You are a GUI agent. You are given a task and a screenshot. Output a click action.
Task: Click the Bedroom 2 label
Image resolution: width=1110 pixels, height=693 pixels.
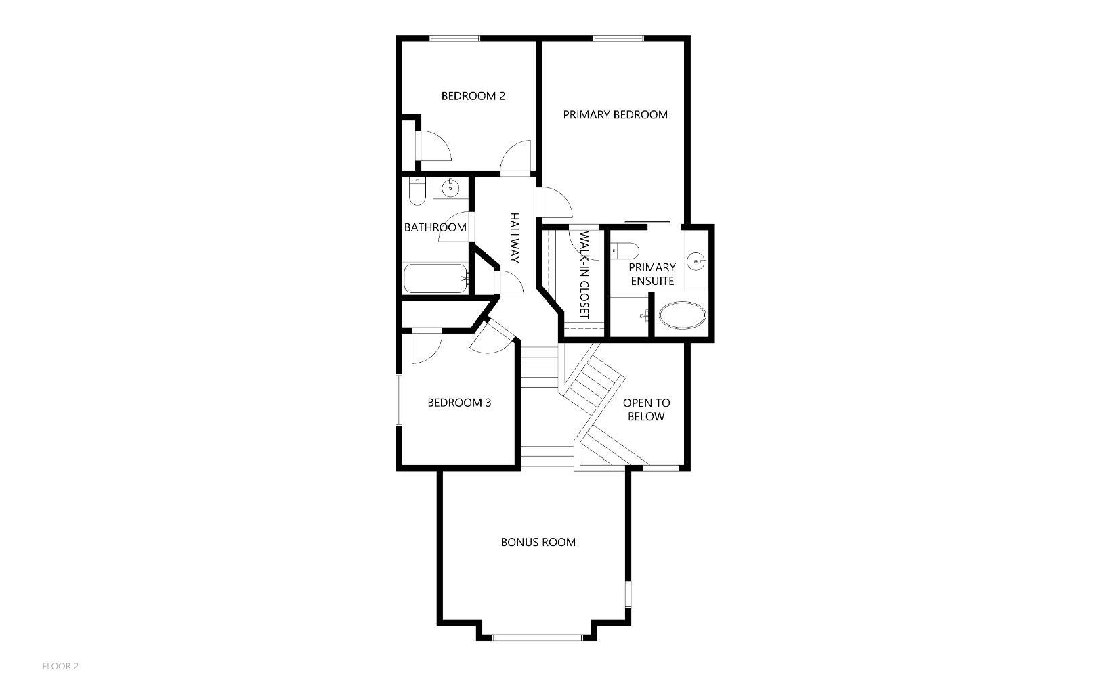(x=473, y=96)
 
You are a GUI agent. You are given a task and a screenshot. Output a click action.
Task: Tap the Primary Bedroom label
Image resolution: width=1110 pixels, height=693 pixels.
(x=615, y=114)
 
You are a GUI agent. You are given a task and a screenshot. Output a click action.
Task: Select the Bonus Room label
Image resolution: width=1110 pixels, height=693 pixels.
(x=538, y=542)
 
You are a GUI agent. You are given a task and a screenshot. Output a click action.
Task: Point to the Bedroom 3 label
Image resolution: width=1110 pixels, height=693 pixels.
(x=459, y=403)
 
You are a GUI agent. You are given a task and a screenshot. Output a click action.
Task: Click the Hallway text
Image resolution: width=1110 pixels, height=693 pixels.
(x=514, y=238)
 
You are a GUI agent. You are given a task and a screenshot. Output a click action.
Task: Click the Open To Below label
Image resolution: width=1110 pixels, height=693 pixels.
(x=646, y=409)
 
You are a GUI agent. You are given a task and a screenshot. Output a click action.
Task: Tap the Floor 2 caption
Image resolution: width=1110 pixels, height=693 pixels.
(x=60, y=666)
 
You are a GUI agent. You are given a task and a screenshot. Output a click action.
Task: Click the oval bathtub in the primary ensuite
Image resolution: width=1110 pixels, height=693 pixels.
(x=683, y=316)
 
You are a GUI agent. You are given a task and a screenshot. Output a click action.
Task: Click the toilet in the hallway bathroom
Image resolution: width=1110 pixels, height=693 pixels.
(x=417, y=192)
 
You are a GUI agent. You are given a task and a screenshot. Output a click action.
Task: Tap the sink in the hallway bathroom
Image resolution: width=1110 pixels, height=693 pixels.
(x=450, y=189)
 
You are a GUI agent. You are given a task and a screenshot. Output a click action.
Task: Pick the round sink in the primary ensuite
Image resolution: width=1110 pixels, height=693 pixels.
(x=697, y=260)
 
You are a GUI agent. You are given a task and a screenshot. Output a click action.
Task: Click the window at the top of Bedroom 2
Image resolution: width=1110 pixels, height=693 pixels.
(x=454, y=39)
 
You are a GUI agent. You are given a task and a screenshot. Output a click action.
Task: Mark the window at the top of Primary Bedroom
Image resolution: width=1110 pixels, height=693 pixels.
(x=618, y=39)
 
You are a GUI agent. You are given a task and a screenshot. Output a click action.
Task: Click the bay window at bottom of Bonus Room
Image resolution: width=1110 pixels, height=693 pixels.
(x=537, y=637)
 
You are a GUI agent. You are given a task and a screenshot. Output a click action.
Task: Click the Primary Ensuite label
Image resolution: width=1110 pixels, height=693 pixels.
(x=652, y=273)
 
